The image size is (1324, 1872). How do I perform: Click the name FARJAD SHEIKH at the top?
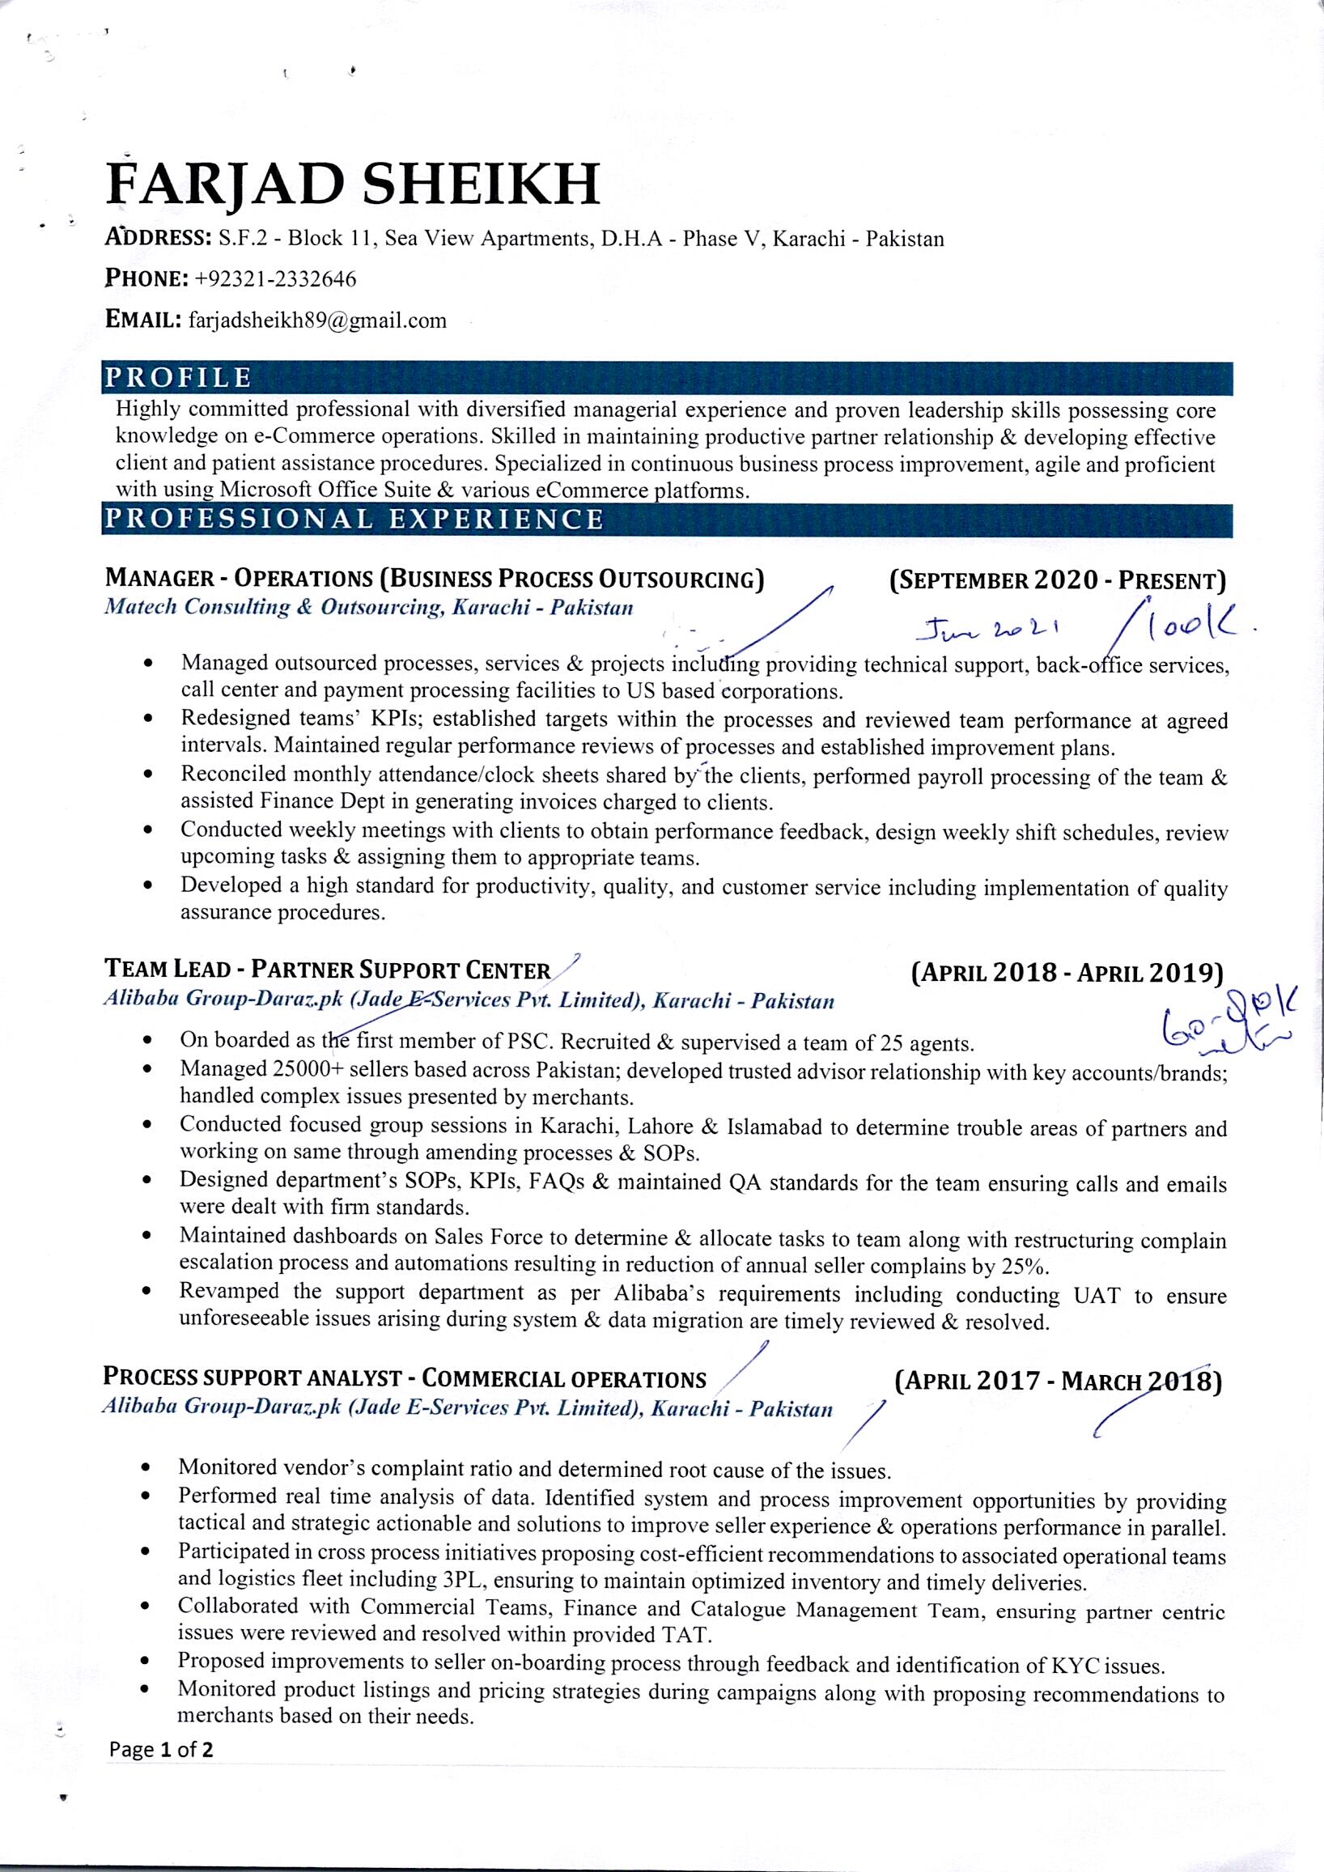(352, 184)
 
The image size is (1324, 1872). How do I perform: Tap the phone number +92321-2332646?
(274, 280)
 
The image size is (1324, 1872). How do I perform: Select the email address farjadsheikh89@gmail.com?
(317, 320)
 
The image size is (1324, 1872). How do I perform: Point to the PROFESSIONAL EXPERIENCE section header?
(352, 520)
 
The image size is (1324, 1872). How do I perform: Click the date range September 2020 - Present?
(1057, 580)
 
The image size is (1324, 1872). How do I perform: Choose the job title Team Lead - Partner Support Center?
(328, 970)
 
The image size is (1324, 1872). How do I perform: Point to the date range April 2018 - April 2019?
(1067, 973)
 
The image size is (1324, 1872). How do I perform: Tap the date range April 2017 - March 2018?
(1057, 1381)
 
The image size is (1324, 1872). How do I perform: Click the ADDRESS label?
(158, 238)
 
